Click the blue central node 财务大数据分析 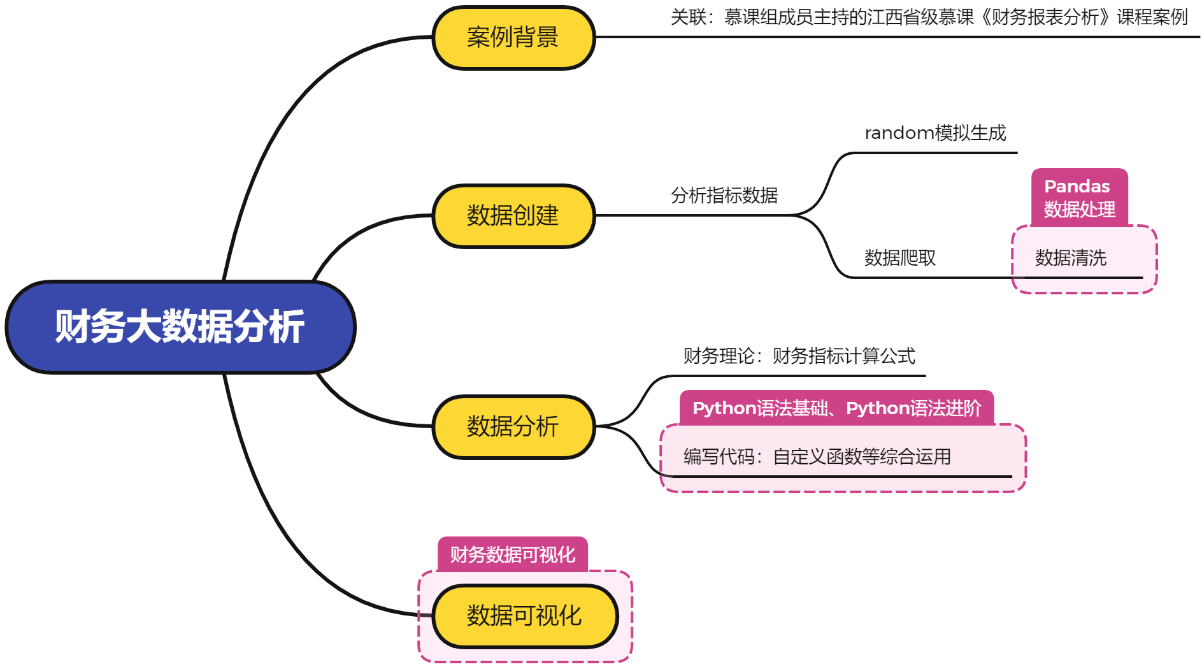click(x=180, y=327)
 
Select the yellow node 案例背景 click(x=513, y=38)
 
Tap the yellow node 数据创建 click(x=513, y=216)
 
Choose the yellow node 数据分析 click(x=513, y=426)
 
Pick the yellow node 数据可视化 click(x=524, y=615)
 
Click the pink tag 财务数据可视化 click(x=512, y=554)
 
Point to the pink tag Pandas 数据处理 click(x=1079, y=198)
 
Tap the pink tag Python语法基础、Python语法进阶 click(x=836, y=408)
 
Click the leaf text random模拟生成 click(x=934, y=133)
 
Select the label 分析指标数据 click(x=724, y=196)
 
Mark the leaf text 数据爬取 click(x=899, y=258)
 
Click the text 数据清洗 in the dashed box click(x=1070, y=258)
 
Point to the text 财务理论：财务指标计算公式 click(x=799, y=356)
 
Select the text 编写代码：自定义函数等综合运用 click(x=817, y=457)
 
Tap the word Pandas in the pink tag click(x=1077, y=187)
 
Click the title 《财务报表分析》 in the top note click(x=1045, y=17)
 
